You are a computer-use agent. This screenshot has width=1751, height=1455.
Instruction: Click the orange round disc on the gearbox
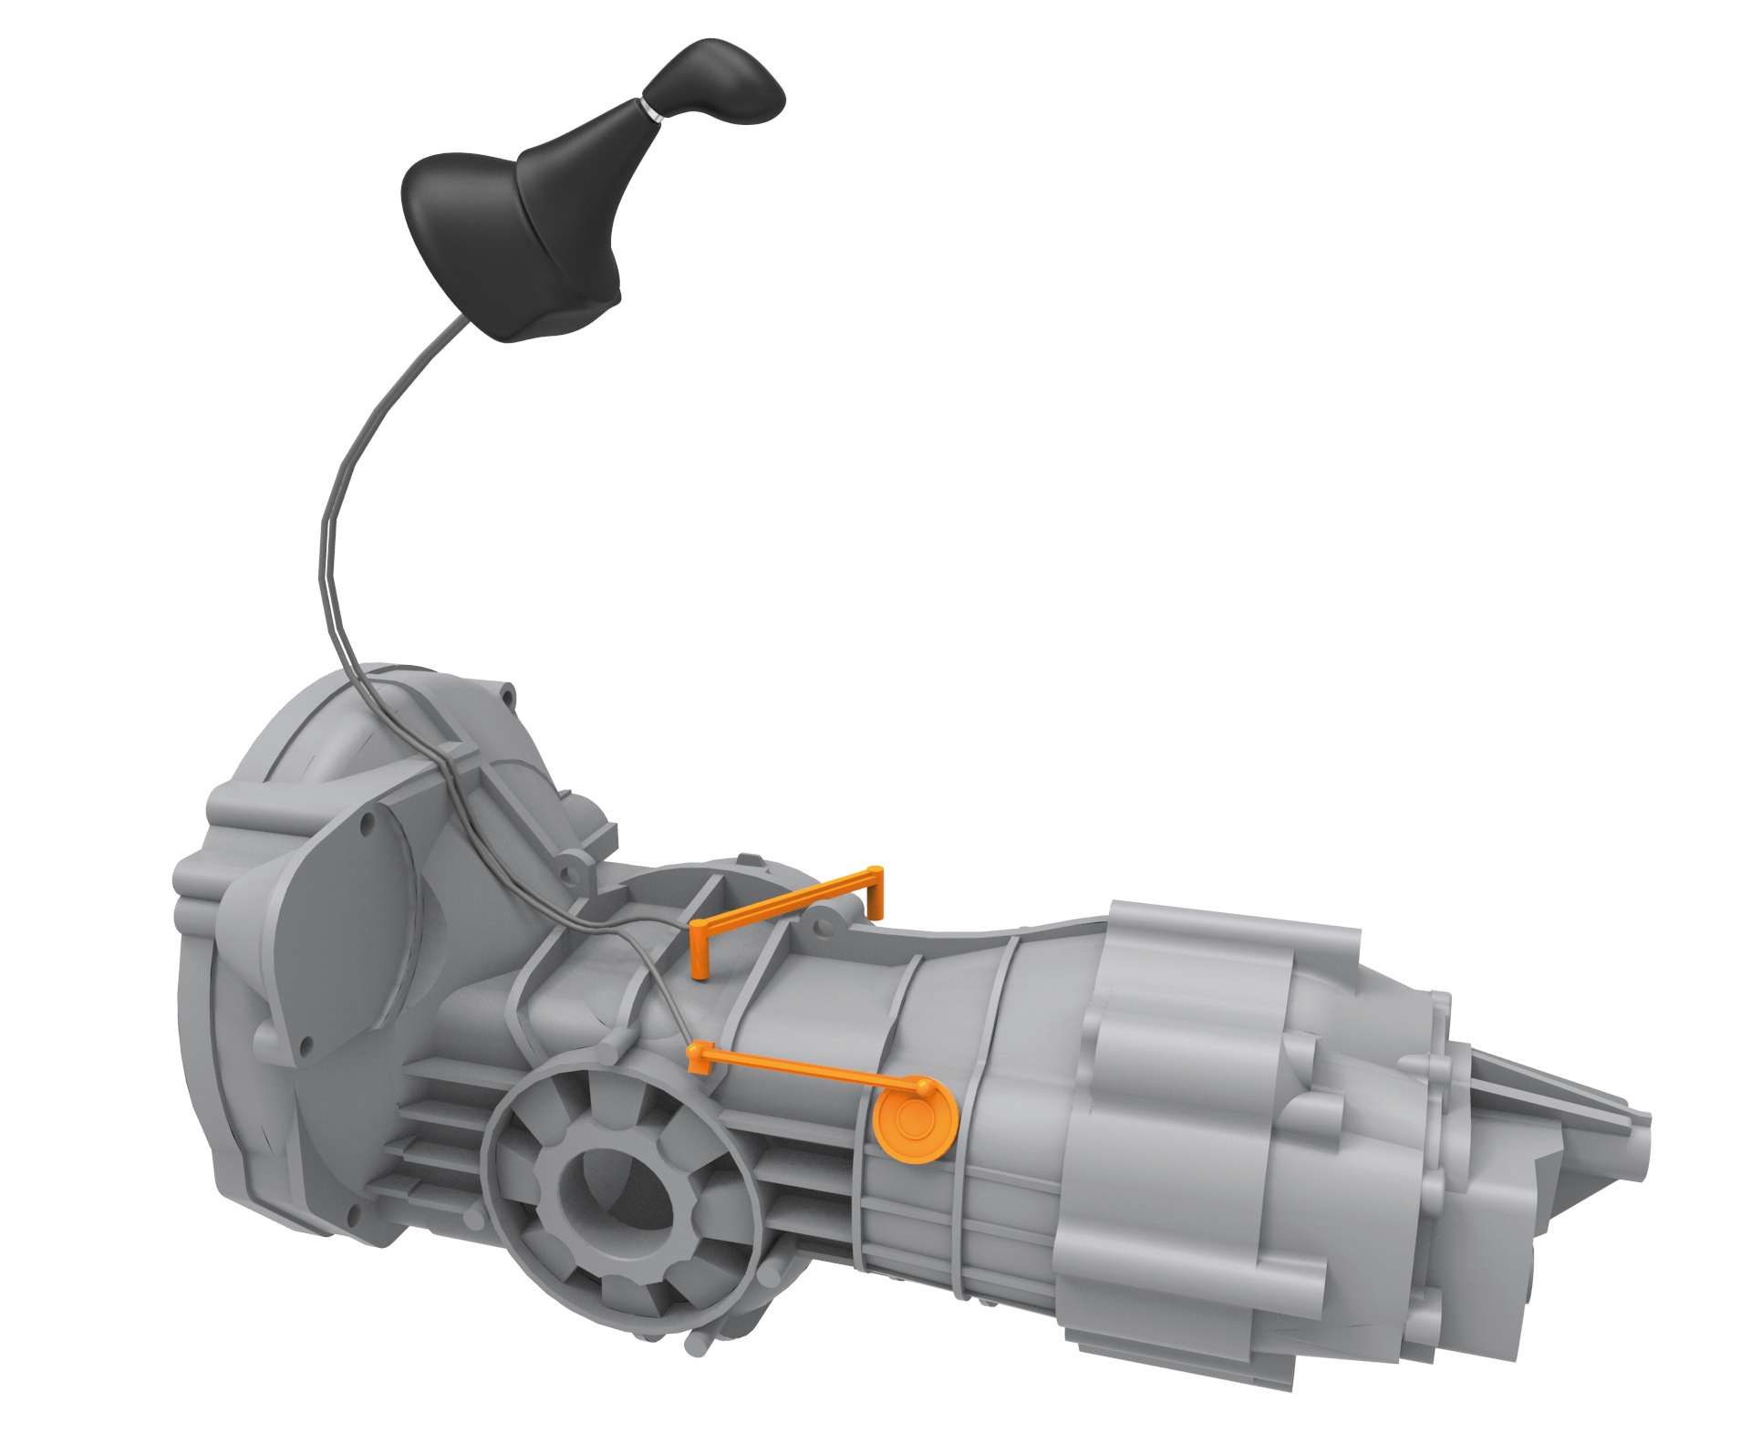[914, 1121]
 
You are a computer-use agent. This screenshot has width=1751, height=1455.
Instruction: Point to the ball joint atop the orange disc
[925, 1086]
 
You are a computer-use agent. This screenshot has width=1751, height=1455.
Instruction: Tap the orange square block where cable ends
[697, 1058]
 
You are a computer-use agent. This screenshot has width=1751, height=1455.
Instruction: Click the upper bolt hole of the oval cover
[368, 826]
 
